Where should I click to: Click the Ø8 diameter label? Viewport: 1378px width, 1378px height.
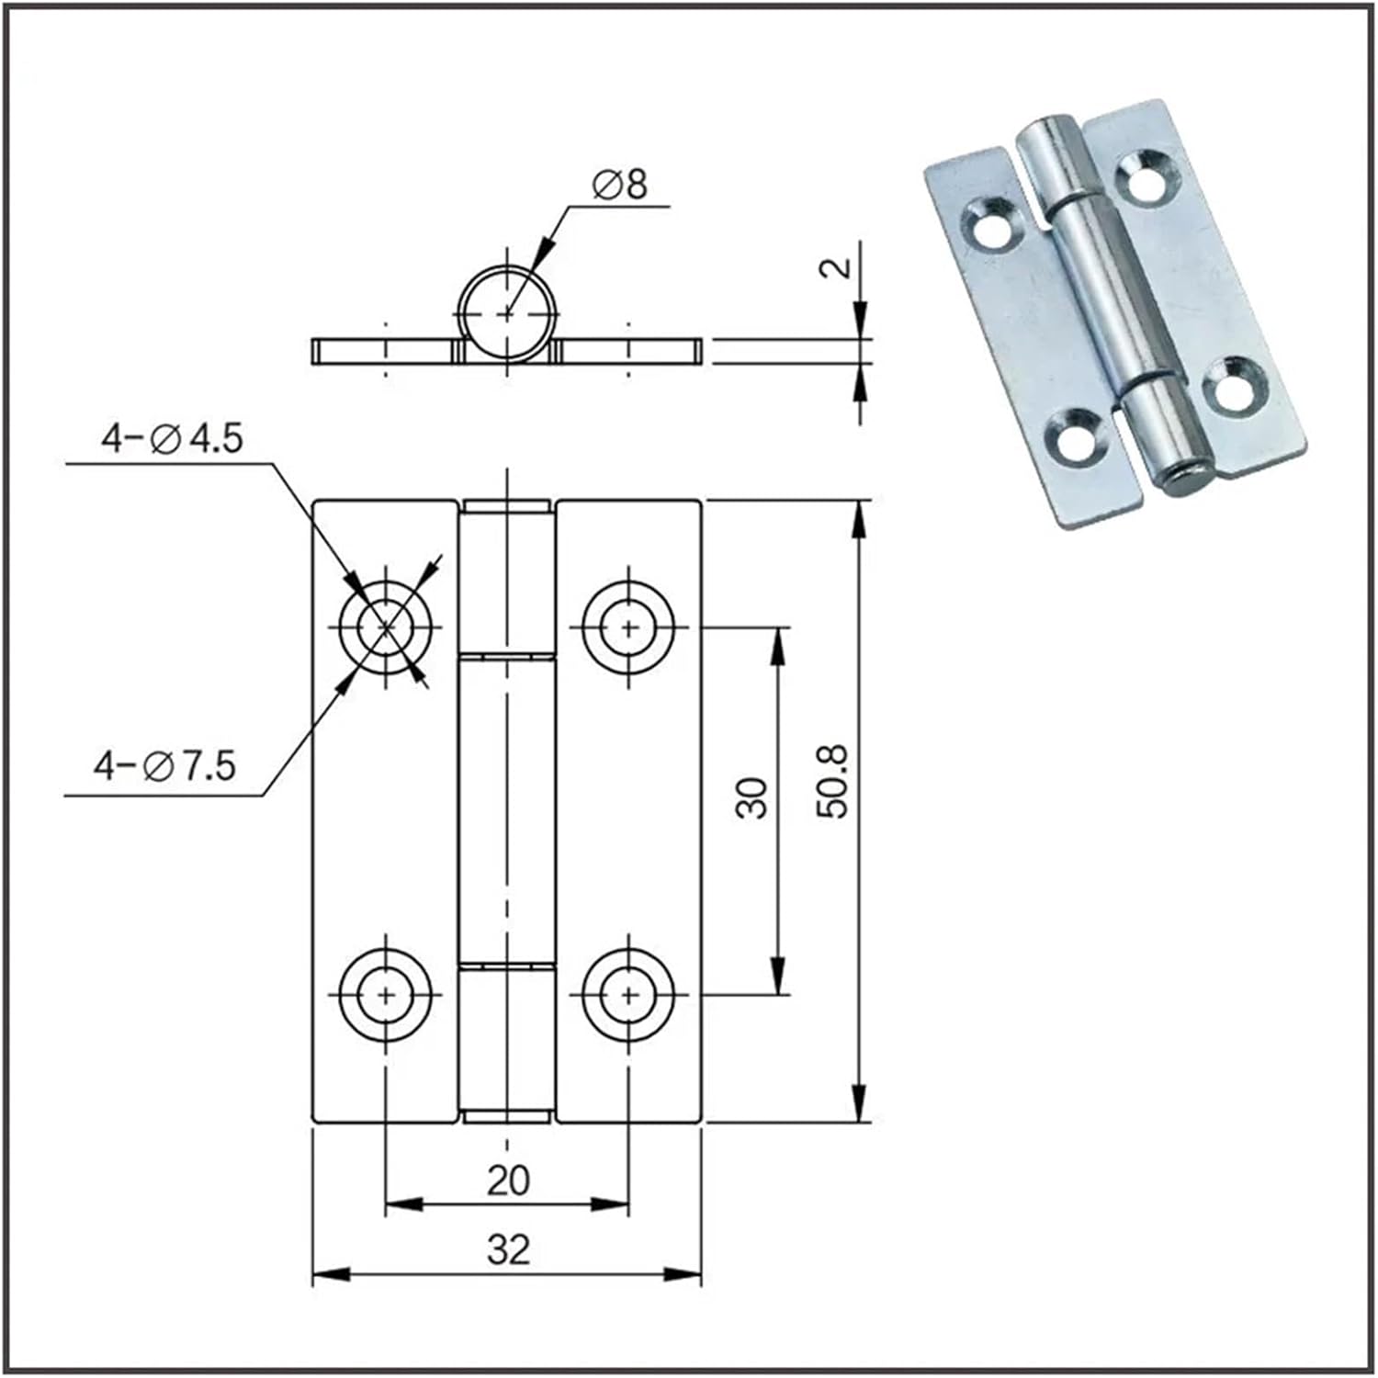coord(620,185)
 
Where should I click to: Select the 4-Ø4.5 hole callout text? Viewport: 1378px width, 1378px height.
coord(172,438)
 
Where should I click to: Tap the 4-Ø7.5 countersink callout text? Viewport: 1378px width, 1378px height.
coord(165,764)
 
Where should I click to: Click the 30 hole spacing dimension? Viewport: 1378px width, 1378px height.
coord(752,797)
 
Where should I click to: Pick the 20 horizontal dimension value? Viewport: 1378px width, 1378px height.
coord(508,1180)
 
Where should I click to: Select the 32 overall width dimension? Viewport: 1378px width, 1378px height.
coord(508,1249)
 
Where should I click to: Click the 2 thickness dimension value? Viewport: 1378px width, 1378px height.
coord(835,267)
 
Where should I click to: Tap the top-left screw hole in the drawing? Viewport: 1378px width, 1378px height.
coord(386,626)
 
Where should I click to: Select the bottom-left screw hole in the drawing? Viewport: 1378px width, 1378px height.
coord(386,994)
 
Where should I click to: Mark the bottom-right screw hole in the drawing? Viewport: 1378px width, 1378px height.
coord(629,994)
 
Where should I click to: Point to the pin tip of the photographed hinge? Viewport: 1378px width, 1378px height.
coord(1185,480)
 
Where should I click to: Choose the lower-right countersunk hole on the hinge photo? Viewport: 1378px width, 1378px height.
coord(1234,387)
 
